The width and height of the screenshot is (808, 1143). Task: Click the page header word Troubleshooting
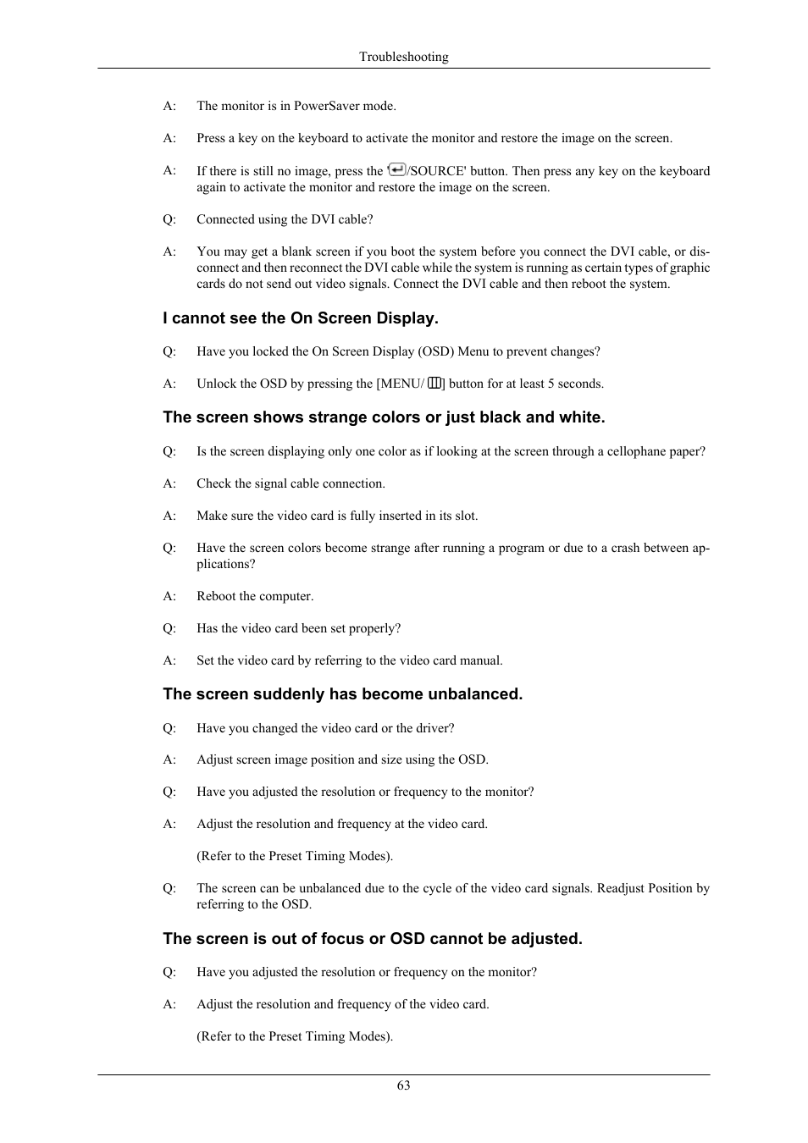tap(403, 57)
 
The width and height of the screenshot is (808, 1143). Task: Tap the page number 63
tap(403, 1085)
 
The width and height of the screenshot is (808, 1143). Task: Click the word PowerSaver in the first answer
tap(327, 106)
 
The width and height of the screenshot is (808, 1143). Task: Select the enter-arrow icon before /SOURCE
tap(396, 169)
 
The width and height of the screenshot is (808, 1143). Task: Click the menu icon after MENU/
tap(434, 383)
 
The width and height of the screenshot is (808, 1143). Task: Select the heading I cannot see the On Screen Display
tap(301, 318)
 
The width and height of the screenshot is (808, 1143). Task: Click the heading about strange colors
tap(384, 417)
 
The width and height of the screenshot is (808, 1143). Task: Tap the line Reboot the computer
tap(255, 596)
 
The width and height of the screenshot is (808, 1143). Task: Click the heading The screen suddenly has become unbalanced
tap(342, 694)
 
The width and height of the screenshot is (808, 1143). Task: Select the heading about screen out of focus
tap(373, 939)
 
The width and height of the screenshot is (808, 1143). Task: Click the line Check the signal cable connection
tap(291, 483)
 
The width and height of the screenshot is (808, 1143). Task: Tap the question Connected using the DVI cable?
tap(285, 219)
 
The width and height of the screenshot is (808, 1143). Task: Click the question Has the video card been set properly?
tap(298, 628)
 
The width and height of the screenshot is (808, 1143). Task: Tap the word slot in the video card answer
tap(463, 516)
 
